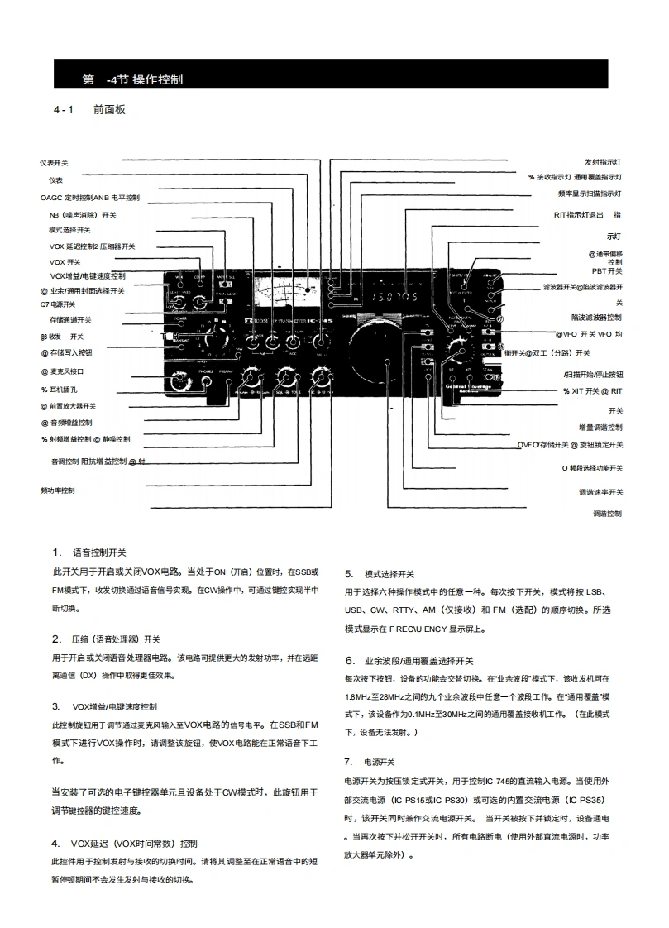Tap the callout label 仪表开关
[55, 163]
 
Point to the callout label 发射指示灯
[604, 162]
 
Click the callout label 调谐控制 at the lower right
[608, 514]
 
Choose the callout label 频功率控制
[58, 490]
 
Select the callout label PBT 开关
[607, 270]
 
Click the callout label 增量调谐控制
[600, 428]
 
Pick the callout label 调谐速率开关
[601, 491]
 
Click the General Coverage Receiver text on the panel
[470, 389]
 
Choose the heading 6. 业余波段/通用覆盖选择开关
[409, 661]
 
